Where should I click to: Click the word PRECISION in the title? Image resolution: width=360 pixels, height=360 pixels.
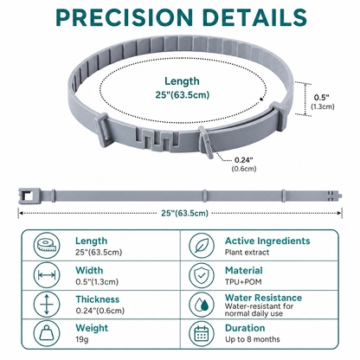[x=125, y=17]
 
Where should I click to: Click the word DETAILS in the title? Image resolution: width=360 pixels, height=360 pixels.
[x=254, y=17]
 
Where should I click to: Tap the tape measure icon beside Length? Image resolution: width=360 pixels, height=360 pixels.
[x=47, y=246]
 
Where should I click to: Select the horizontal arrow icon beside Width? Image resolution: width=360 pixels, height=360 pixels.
[x=47, y=275]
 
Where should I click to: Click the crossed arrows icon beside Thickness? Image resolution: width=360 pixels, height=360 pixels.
[x=47, y=305]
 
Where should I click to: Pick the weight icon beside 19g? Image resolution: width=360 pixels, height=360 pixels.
[x=47, y=333]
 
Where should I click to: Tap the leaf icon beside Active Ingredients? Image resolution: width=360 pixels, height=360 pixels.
[x=202, y=246]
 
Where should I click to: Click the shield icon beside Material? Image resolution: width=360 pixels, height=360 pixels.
[x=202, y=275]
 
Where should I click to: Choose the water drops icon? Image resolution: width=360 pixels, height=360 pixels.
[x=202, y=305]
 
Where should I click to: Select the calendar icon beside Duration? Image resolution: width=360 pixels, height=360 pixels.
[x=202, y=333]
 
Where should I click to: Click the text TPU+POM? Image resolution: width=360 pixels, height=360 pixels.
[x=243, y=281]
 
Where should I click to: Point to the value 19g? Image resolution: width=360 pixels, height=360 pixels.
[x=82, y=339]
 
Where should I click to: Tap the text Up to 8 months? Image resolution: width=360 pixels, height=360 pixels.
[x=253, y=339]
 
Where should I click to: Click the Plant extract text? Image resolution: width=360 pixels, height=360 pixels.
[x=247, y=252]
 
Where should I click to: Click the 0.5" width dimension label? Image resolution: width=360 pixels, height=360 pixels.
[x=322, y=97]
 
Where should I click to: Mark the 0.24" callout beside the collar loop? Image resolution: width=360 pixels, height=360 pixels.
[x=244, y=160]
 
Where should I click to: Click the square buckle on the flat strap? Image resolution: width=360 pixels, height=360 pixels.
[x=29, y=196]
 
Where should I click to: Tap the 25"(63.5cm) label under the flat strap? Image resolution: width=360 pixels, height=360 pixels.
[x=184, y=213]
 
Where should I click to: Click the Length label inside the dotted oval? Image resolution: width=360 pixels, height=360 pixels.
[x=182, y=81]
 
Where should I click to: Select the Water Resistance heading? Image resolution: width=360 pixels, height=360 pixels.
[x=263, y=298]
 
